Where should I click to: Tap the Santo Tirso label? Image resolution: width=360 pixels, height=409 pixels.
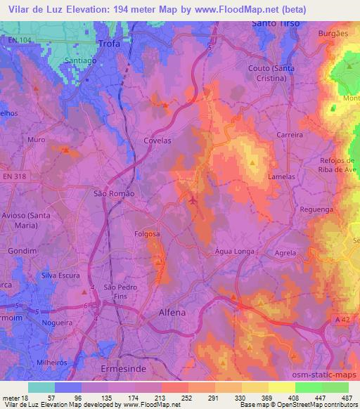click(x=275, y=23)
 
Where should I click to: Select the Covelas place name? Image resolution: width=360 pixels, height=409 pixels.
click(x=157, y=141)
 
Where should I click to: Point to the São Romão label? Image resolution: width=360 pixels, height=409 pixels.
click(x=114, y=192)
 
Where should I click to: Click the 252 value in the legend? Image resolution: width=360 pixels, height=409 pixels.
click(x=177, y=397)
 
